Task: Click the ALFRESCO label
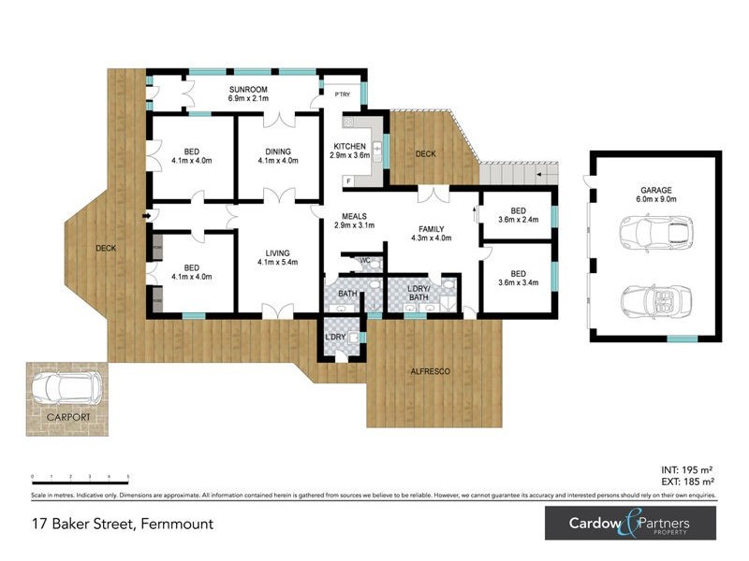pos(432,371)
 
